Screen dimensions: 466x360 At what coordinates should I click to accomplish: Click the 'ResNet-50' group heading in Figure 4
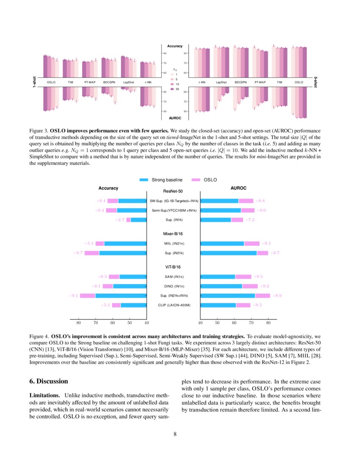tap(173, 191)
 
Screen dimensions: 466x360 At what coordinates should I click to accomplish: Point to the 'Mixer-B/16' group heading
tap(173, 234)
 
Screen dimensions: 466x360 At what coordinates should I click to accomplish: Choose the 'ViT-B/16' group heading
tap(173, 267)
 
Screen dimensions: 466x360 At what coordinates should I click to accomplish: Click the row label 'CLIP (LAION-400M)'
tap(173, 305)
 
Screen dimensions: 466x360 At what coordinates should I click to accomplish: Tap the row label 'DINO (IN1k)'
tap(173, 286)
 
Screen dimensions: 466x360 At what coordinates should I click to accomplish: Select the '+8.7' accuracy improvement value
tap(78, 253)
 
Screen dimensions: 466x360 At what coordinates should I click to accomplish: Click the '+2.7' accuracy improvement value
tap(120, 220)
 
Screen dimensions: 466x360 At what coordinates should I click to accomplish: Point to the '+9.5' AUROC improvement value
tap(259, 277)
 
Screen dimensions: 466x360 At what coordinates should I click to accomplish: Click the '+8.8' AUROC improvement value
tap(259, 200)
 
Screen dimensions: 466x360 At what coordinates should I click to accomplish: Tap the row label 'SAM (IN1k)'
tap(173, 277)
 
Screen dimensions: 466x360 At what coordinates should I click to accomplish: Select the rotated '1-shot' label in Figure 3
tap(34, 82)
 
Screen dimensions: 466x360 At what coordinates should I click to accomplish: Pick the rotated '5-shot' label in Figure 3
tap(316, 82)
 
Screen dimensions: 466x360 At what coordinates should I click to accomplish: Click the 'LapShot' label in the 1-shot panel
tap(128, 82)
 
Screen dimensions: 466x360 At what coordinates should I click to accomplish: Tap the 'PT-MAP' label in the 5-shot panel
tap(260, 82)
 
